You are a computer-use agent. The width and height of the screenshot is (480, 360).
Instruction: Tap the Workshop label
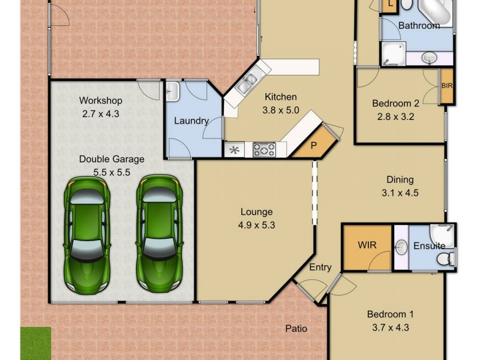coord(101,100)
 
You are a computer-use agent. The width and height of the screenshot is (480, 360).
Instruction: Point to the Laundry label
coord(191,121)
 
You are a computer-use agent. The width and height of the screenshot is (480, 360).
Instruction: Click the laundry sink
coord(172,92)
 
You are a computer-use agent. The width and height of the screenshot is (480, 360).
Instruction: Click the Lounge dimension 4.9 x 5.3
coord(256,226)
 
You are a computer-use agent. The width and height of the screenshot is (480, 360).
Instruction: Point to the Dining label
coord(399,179)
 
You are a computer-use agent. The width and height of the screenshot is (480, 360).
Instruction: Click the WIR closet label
coord(367,245)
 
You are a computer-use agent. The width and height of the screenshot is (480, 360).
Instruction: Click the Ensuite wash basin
coord(402,247)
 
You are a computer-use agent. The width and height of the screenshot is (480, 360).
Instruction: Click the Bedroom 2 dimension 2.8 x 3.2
coord(393,116)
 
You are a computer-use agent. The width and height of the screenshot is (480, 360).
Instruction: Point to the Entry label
coord(320,268)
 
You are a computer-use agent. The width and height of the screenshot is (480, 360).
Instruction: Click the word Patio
coord(296,328)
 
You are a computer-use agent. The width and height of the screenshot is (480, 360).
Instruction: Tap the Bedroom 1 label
coord(391,314)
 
